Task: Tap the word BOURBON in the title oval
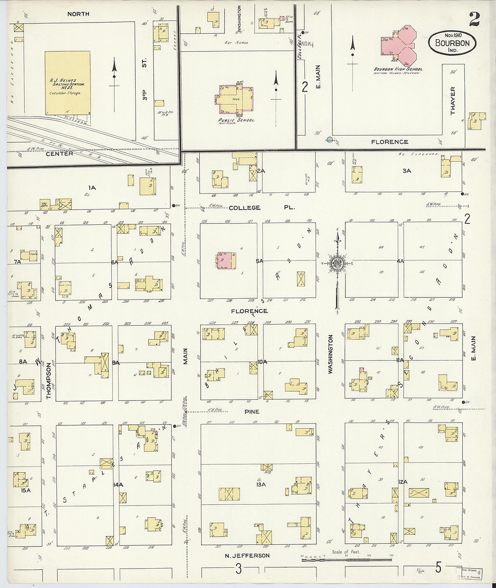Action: coord(452,43)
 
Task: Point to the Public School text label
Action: coord(237,121)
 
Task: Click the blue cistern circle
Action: coord(330,140)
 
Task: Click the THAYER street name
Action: coord(453,100)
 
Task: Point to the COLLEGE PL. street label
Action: coord(262,208)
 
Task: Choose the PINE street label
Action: coord(252,412)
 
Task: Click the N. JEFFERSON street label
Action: coord(247,556)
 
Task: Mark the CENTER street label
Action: coord(59,154)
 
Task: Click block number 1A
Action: coord(92,187)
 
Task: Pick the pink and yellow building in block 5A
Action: coord(226,261)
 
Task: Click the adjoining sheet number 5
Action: coord(438,568)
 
